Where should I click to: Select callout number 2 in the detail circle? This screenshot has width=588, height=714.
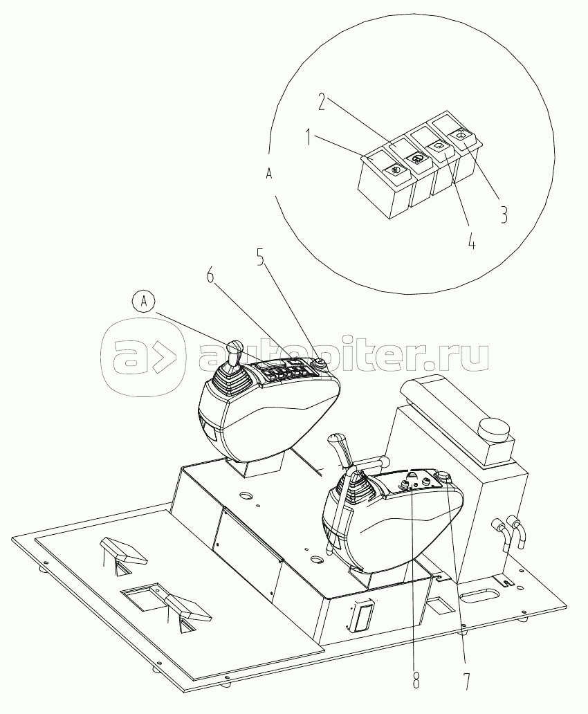coord(322,102)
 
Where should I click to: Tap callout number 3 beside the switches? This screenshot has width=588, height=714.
coord(504,214)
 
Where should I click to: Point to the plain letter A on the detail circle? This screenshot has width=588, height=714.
coord(269,174)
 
